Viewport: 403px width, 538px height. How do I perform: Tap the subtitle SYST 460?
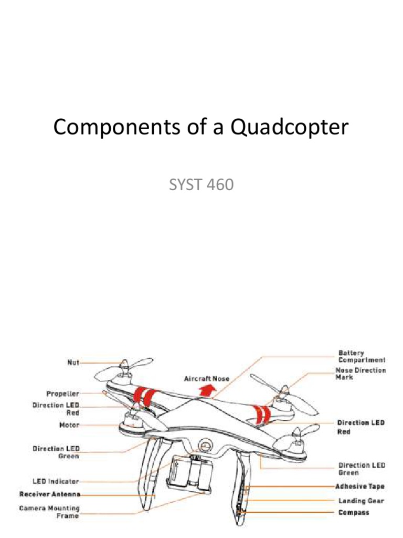pyautogui.click(x=201, y=185)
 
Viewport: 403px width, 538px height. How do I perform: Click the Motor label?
pyautogui.click(x=69, y=425)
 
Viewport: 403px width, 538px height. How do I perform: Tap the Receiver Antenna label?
pyautogui.click(x=50, y=494)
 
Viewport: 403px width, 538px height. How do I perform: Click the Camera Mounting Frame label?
pyautogui.click(x=50, y=512)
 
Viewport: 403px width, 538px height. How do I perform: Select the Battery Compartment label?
pyautogui.click(x=362, y=356)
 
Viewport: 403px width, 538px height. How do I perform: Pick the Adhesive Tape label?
pyautogui.click(x=360, y=487)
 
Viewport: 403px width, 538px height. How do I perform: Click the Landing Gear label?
pyautogui.click(x=361, y=501)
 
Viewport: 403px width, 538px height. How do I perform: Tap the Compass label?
pyautogui.click(x=353, y=512)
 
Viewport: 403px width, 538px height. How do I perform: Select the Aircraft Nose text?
pyautogui.click(x=203, y=378)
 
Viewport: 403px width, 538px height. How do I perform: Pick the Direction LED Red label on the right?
pyautogui.click(x=361, y=427)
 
